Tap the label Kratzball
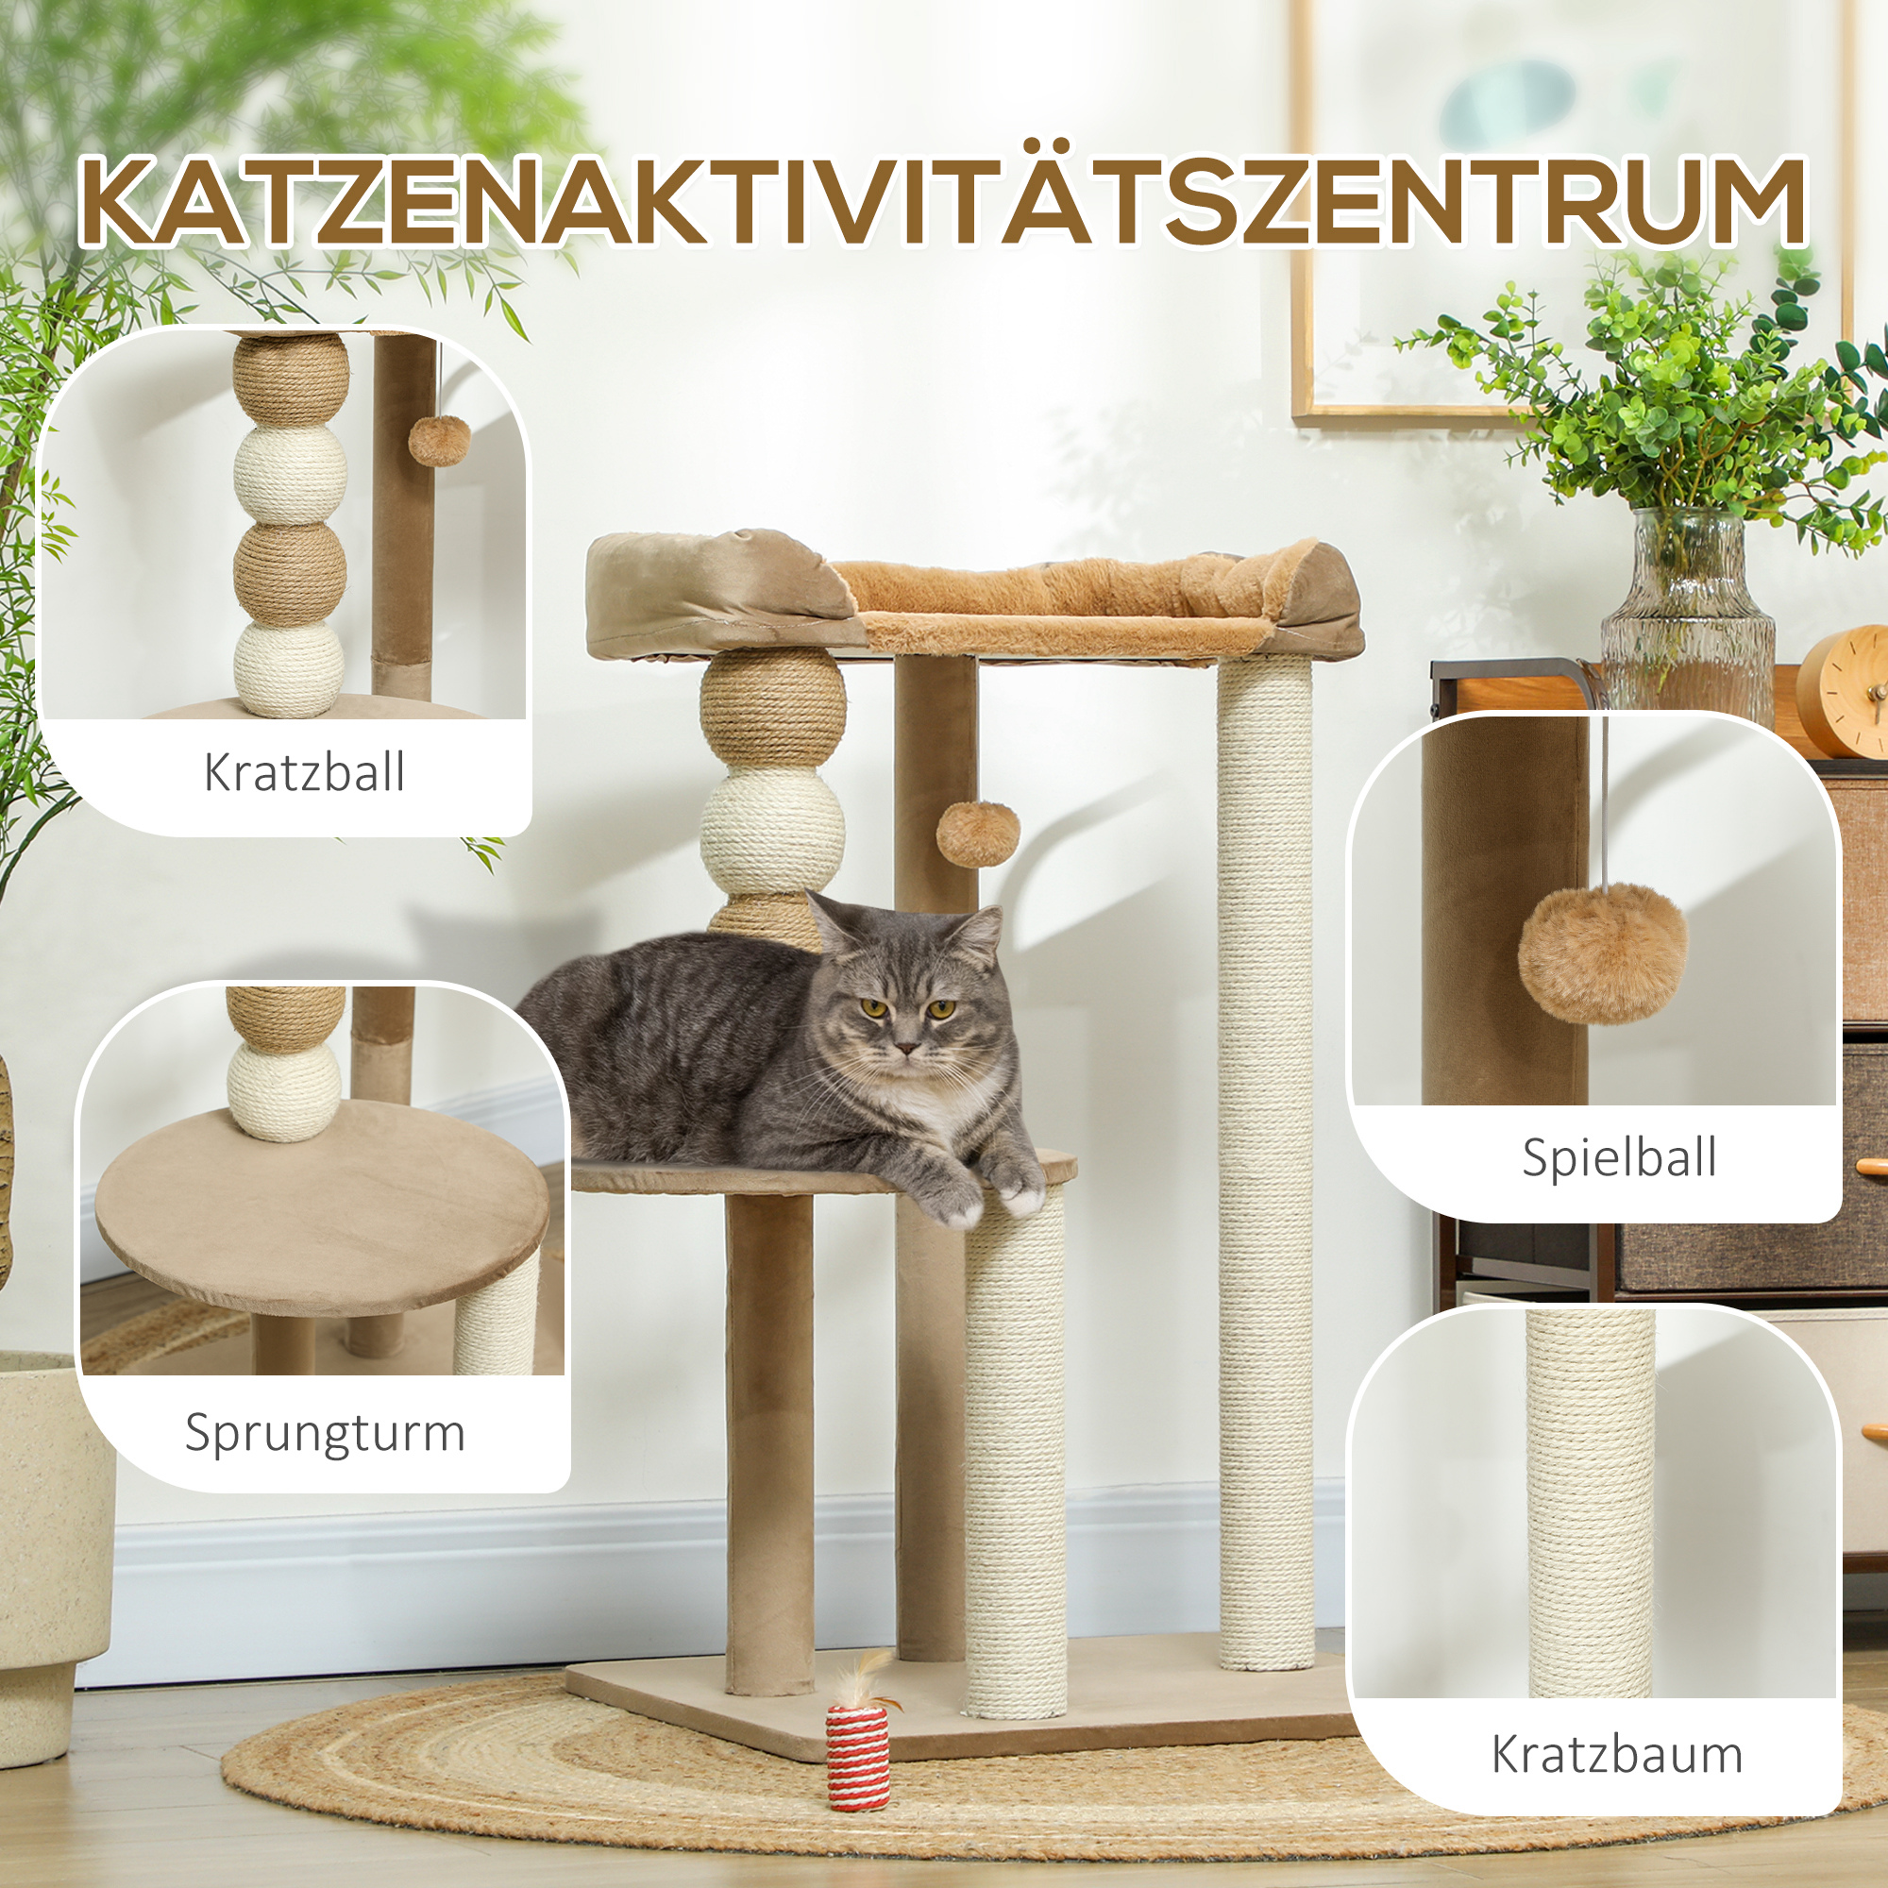(304, 773)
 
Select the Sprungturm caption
(325, 1434)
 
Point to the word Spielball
(1619, 1159)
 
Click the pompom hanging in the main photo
(977, 834)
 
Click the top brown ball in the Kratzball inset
(291, 379)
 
